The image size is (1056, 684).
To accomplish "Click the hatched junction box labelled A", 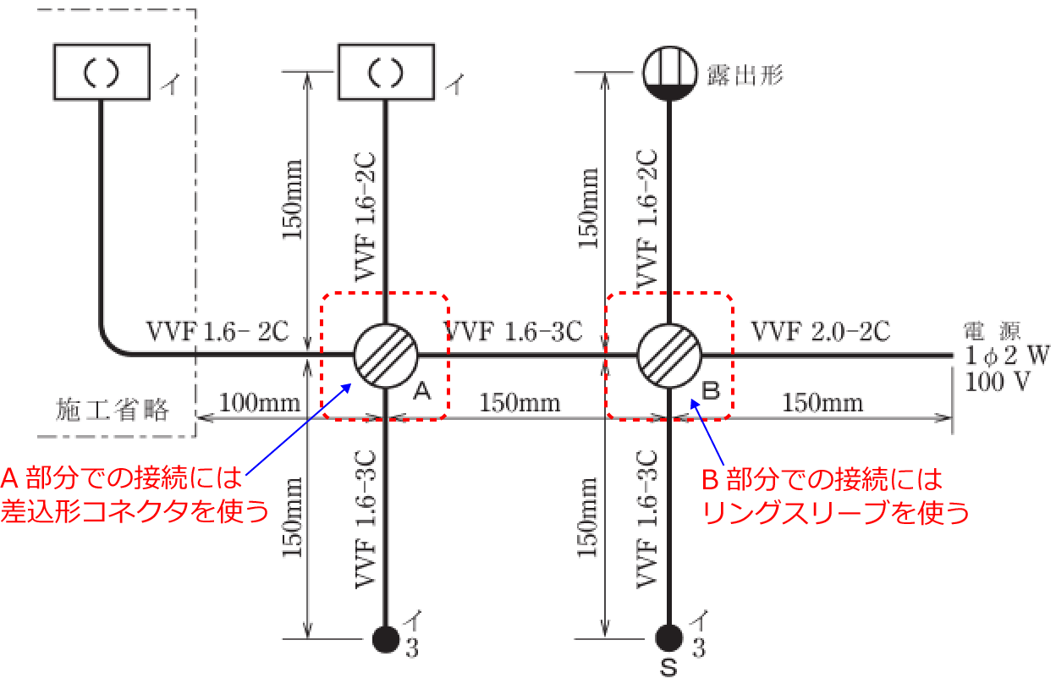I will pos(386,356).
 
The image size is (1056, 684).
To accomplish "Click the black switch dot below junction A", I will pos(386,637).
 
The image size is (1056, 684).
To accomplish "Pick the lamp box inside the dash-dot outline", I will pos(102,73).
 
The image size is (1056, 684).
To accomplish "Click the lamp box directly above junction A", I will pos(386,73).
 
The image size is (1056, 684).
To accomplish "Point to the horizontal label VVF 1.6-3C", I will pos(514,331).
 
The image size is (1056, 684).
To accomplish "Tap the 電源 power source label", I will pos(998,331).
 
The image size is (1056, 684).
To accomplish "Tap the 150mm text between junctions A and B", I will pos(520,402).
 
